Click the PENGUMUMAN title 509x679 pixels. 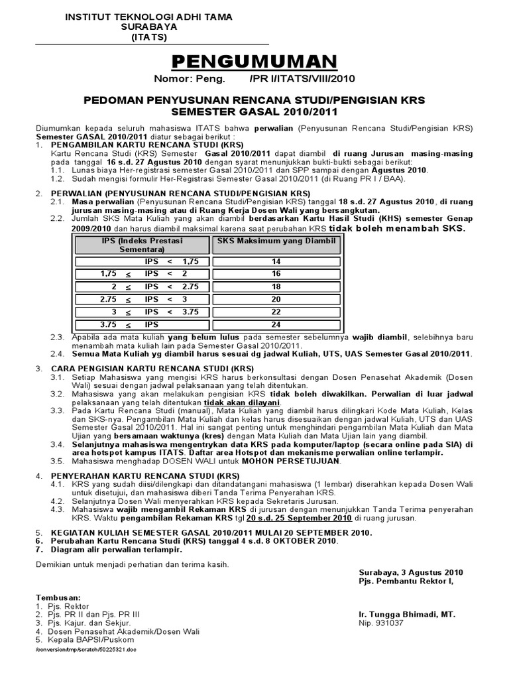click(x=254, y=62)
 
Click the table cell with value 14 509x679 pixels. click(x=276, y=262)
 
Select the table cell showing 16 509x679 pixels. click(x=276, y=274)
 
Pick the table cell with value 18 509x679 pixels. click(x=276, y=286)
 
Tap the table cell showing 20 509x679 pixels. click(x=276, y=299)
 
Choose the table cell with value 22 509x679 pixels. click(x=276, y=312)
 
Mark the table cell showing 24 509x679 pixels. click(x=276, y=324)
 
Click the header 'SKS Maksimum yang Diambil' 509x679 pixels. click(x=276, y=241)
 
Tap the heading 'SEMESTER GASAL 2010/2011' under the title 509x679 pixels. click(x=254, y=111)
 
